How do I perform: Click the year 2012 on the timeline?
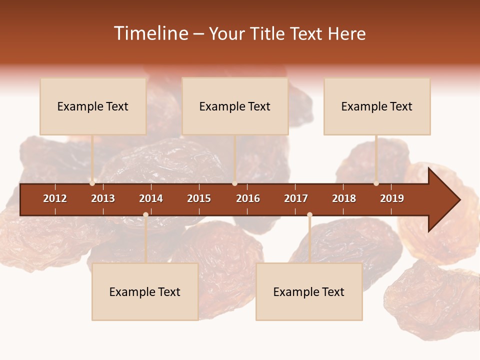coord(55,198)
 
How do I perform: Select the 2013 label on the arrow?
coord(103,198)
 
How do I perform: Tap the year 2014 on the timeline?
coord(151,198)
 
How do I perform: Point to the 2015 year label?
coord(199,198)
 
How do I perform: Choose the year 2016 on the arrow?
coord(248,198)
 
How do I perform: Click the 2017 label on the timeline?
coord(296,198)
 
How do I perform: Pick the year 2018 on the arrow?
coord(344,198)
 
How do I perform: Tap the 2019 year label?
coord(392,198)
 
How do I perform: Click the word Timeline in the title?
coord(150,33)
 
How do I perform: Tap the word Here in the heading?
coord(346,33)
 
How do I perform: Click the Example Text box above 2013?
coord(93,106)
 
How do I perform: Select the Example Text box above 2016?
coord(235,106)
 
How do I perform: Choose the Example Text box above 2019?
coord(377,106)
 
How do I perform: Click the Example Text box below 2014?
coord(145,291)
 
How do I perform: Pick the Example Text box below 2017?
coord(309,291)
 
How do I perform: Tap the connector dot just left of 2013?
coord(92,183)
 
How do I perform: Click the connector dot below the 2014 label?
coord(145,214)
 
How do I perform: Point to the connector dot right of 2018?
coord(376,183)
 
